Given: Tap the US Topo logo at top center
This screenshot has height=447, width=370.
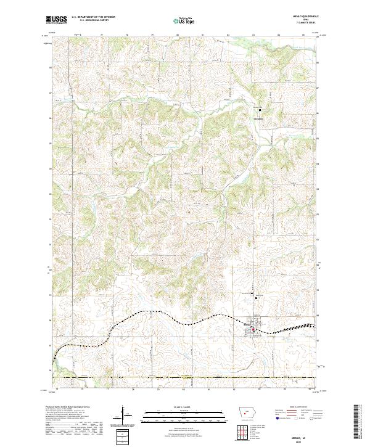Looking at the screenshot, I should click(184, 20).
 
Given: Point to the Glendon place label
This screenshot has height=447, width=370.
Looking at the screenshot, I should click(258, 115).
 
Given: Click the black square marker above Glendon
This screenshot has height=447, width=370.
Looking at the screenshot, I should click(260, 110).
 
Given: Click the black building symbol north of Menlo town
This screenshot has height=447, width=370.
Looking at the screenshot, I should click(257, 298).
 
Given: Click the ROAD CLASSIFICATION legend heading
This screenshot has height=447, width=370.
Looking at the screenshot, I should click(298, 407).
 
